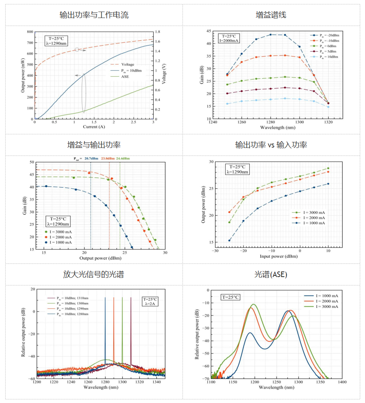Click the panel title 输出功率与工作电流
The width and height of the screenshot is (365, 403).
pyautogui.click(x=94, y=15)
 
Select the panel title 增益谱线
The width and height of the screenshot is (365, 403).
pyautogui.click(x=271, y=15)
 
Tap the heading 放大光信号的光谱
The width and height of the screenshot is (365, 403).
pyautogui.click(x=93, y=274)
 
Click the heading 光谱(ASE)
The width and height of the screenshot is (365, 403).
pyautogui.click(x=271, y=274)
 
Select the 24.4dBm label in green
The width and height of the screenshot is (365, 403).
pyautogui.click(x=123, y=159)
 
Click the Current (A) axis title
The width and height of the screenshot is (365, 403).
pyautogui.click(x=94, y=127)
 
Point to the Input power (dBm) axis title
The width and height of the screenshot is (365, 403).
pyautogui.click(x=271, y=256)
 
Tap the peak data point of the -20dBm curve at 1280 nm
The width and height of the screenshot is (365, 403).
pyautogui.click(x=271, y=35)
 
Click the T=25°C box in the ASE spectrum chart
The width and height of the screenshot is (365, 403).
pyautogui.click(x=231, y=297)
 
